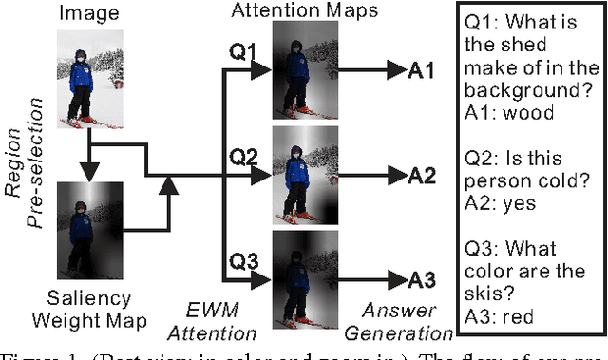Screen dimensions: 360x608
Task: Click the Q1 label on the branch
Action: [x=244, y=52]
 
